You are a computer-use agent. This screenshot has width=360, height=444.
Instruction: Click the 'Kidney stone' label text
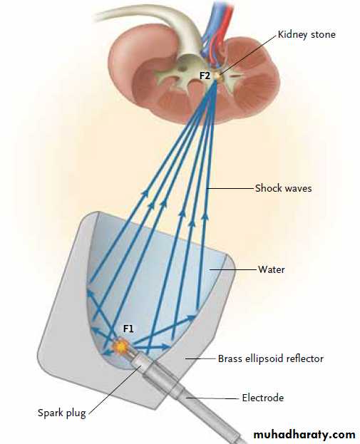click(x=307, y=34)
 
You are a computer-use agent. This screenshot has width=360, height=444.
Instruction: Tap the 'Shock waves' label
click(x=283, y=188)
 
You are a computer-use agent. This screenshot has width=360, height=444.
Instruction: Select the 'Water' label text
click(x=271, y=269)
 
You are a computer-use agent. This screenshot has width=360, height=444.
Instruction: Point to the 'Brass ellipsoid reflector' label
click(x=270, y=358)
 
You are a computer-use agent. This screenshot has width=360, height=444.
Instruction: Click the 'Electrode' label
click(x=263, y=398)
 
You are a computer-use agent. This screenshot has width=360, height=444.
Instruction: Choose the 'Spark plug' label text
click(x=62, y=413)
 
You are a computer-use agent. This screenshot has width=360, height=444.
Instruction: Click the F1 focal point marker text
click(x=128, y=329)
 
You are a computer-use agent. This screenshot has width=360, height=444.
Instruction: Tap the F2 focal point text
click(x=205, y=76)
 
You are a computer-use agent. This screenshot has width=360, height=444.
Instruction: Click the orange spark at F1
click(x=120, y=346)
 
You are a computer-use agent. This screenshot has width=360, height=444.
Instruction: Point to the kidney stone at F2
click(x=217, y=76)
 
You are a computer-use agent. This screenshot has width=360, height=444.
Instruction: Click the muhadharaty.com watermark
click(x=304, y=434)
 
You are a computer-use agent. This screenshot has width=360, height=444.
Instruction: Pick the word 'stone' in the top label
click(x=323, y=34)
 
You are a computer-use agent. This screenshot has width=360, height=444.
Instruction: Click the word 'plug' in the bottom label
click(x=76, y=413)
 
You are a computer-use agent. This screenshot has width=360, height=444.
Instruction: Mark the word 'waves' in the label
click(x=297, y=189)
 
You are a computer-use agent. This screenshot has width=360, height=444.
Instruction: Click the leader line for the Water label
click(x=233, y=270)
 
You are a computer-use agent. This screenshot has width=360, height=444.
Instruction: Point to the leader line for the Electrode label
click(x=212, y=398)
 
